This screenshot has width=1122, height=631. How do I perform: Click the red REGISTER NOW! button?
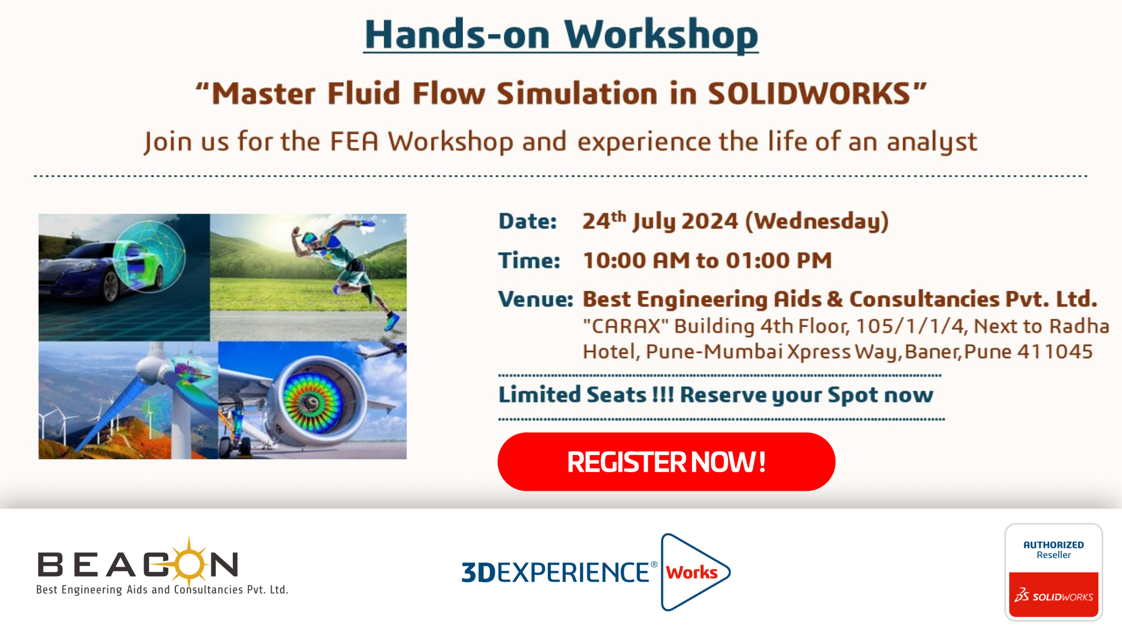[666, 462]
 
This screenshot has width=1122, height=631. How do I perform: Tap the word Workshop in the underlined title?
[661, 35]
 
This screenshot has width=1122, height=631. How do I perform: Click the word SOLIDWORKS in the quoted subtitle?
[809, 93]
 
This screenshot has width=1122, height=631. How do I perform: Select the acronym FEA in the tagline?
[354, 141]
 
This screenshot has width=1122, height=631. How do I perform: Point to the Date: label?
[528, 221]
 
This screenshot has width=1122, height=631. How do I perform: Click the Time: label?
[529, 261]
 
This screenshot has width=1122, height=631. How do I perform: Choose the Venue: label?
[535, 300]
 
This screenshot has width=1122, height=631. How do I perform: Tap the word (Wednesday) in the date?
[817, 222]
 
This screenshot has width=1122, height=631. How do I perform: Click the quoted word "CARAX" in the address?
[626, 326]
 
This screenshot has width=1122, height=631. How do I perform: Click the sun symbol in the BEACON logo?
[188, 563]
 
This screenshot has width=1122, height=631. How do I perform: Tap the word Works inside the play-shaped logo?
[691, 572]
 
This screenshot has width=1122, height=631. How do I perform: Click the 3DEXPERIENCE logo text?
[559, 572]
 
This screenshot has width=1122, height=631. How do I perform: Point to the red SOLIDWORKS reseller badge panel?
[1054, 595]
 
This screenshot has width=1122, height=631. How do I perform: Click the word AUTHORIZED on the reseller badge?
[1054, 545]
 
